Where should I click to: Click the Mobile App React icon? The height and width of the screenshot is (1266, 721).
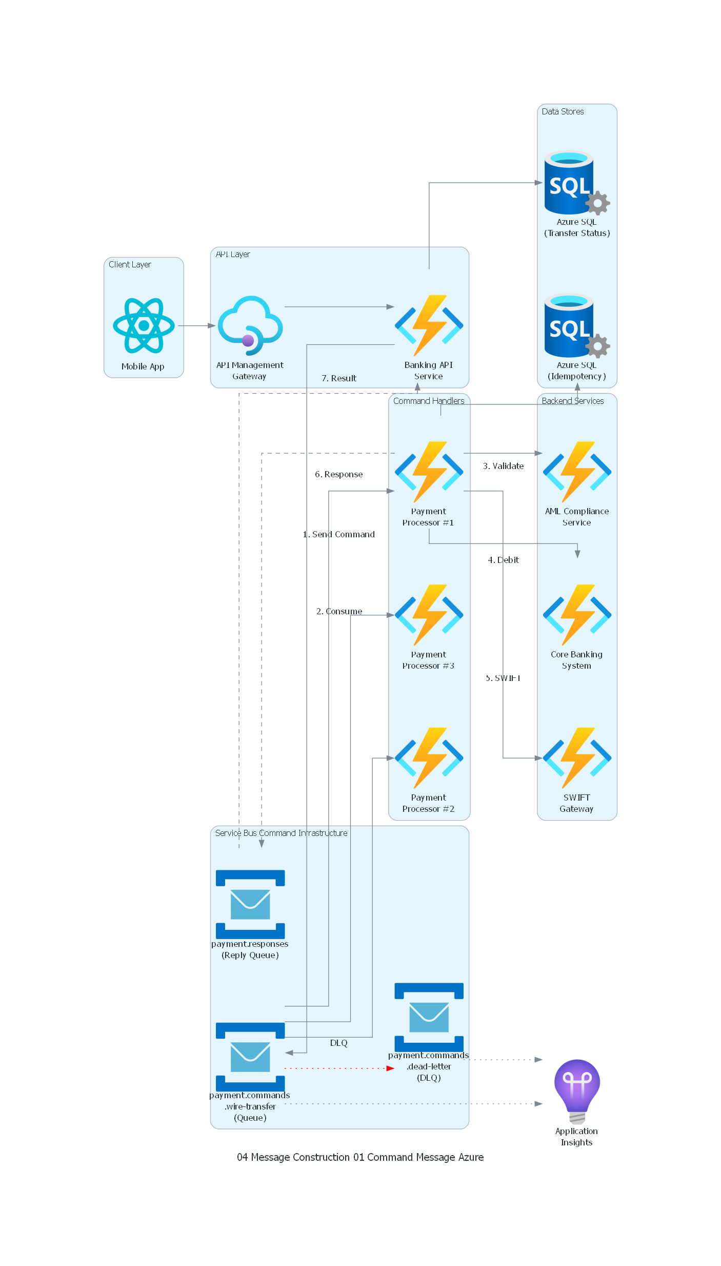[144, 325]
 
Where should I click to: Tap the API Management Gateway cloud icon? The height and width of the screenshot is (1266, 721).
[250, 325]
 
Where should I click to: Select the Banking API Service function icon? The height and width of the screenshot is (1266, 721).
[429, 325]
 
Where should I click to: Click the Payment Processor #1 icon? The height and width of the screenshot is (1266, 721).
[429, 472]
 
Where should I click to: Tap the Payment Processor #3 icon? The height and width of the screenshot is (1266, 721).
[429, 615]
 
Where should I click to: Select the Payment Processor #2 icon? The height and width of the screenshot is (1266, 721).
[429, 758]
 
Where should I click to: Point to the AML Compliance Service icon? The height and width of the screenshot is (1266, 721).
[577, 472]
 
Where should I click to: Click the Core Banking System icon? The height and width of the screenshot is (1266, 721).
[577, 615]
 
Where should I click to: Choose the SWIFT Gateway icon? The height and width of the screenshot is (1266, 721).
[577, 758]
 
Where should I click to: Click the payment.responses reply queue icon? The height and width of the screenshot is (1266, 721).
[250, 904]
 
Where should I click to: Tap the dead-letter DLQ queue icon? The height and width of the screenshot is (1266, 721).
[429, 1017]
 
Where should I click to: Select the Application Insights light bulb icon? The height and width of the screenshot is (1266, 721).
[577, 1090]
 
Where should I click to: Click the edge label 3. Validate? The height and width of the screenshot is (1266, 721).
[503, 466]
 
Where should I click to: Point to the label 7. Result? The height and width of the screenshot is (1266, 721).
[338, 378]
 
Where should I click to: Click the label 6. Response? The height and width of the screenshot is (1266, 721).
[338, 474]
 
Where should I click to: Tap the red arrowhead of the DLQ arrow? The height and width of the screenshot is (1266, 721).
[390, 1068]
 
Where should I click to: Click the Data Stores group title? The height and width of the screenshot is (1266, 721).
[563, 111]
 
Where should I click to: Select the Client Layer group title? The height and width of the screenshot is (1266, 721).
[130, 264]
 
